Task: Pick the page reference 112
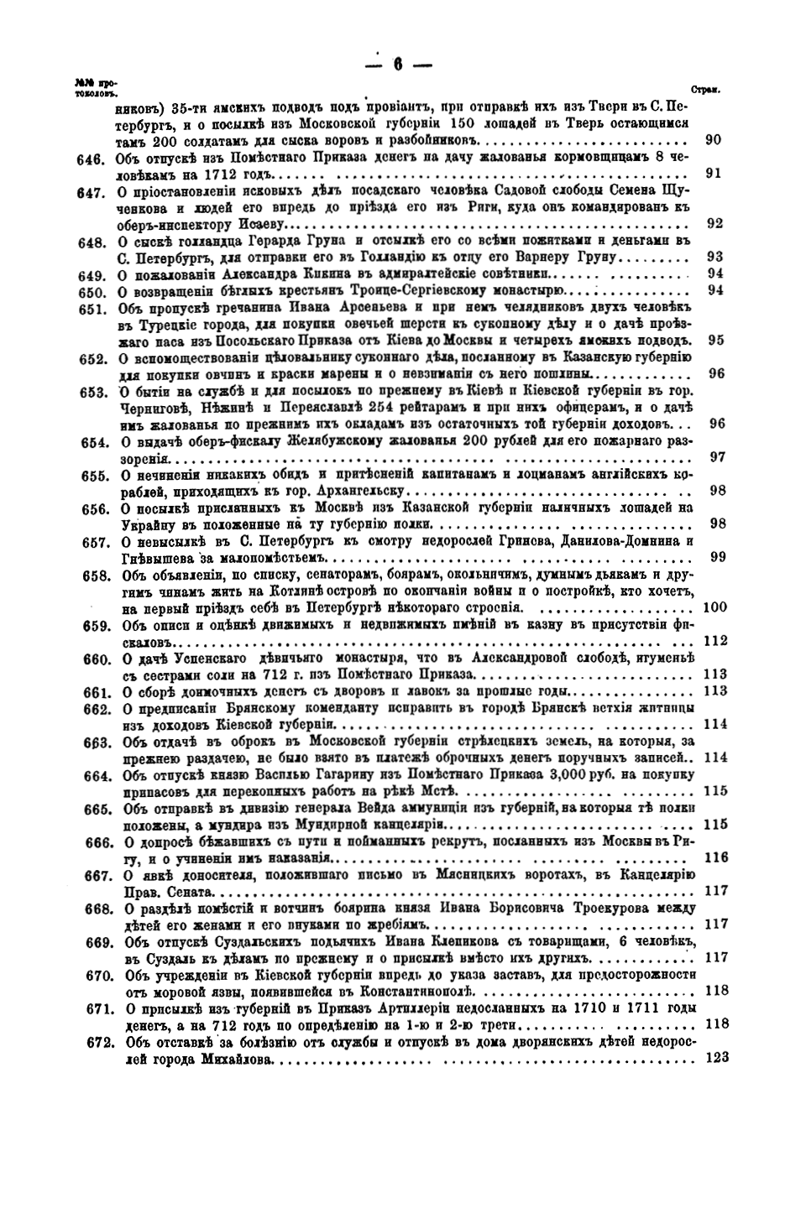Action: click(716, 641)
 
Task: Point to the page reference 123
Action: click(718, 1058)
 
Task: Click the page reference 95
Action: click(715, 341)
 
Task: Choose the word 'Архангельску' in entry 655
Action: click(353, 492)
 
